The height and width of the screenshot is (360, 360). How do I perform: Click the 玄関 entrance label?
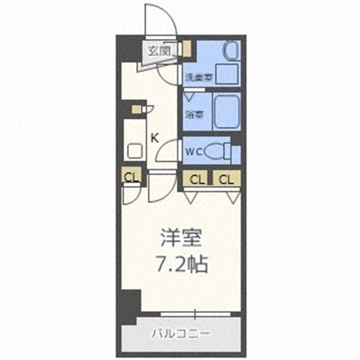click(x=159, y=51)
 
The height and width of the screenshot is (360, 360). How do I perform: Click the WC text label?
click(x=192, y=150)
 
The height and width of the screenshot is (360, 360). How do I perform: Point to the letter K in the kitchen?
click(x=154, y=137)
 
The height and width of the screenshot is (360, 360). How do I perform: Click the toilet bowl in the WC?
click(x=213, y=151)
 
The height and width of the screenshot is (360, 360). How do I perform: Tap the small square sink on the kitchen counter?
click(x=134, y=151)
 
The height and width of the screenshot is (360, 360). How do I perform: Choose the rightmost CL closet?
click(x=226, y=179)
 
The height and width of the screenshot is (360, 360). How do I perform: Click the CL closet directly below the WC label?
click(x=197, y=179)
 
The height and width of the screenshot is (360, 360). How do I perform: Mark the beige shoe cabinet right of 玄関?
click(x=187, y=49)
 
